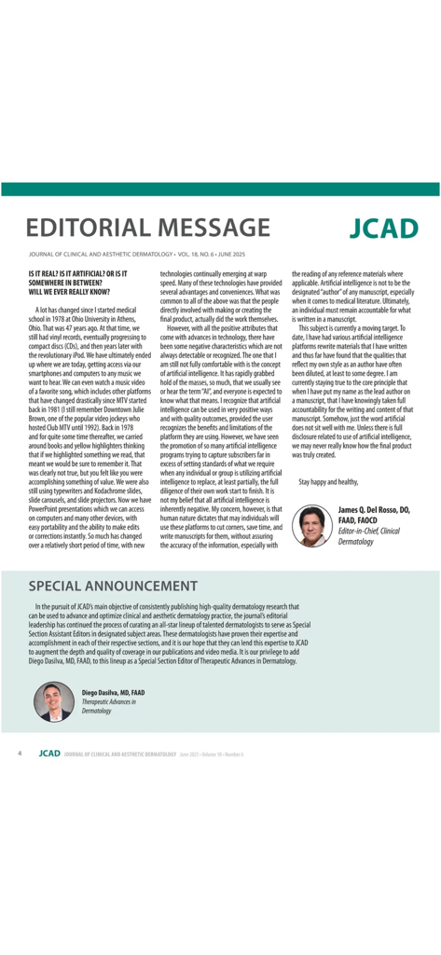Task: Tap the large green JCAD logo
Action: coord(384,228)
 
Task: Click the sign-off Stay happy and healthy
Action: coord(328,481)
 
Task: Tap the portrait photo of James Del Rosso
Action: coord(311,525)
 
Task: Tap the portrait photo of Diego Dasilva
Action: coord(54,701)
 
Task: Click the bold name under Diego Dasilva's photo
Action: coord(113,693)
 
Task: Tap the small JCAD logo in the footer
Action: coord(48,751)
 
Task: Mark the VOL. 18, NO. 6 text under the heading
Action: coord(206,254)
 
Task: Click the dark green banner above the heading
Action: coord(220,189)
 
